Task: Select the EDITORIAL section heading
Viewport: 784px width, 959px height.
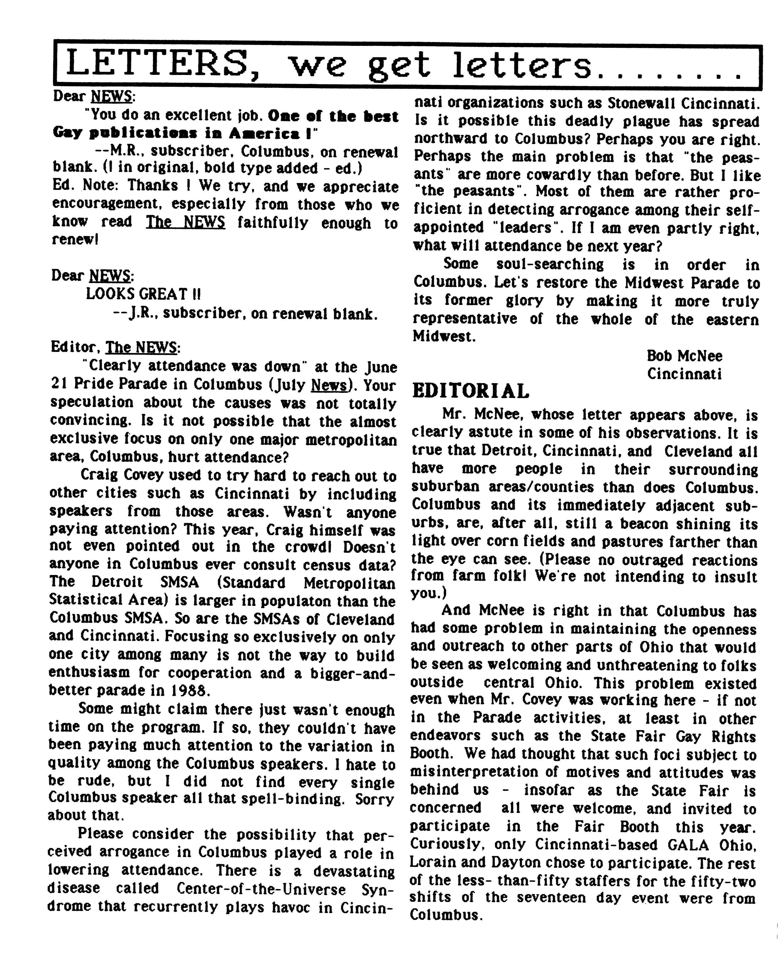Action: (x=470, y=391)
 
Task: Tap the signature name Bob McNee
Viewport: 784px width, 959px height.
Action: (x=684, y=356)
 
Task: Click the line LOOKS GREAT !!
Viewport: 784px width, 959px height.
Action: (x=143, y=294)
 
